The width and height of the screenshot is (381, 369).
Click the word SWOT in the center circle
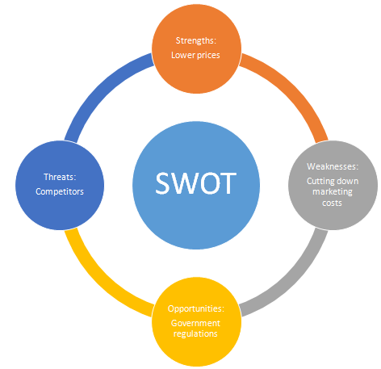pos(196,183)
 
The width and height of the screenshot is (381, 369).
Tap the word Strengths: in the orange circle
pos(196,40)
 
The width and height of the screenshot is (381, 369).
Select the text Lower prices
pos(195,55)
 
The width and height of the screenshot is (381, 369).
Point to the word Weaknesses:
pos(333,166)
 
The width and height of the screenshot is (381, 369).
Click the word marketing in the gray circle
pos(333,192)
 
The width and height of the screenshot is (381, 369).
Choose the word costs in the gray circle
pos(332,203)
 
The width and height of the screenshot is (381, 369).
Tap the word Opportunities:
pos(196,308)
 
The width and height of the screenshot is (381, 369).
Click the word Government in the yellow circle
pos(195,323)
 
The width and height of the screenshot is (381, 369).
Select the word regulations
pos(195,333)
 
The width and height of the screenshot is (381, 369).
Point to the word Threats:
pos(60,177)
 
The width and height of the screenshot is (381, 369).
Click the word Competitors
pos(60,191)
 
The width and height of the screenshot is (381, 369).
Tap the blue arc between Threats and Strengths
pos(99,87)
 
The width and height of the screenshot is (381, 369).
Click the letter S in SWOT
pos(162,183)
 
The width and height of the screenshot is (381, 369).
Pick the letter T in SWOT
pos(229,183)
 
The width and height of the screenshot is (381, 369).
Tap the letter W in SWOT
pos(184,183)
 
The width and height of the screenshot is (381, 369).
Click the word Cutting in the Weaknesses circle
pos(318,182)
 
